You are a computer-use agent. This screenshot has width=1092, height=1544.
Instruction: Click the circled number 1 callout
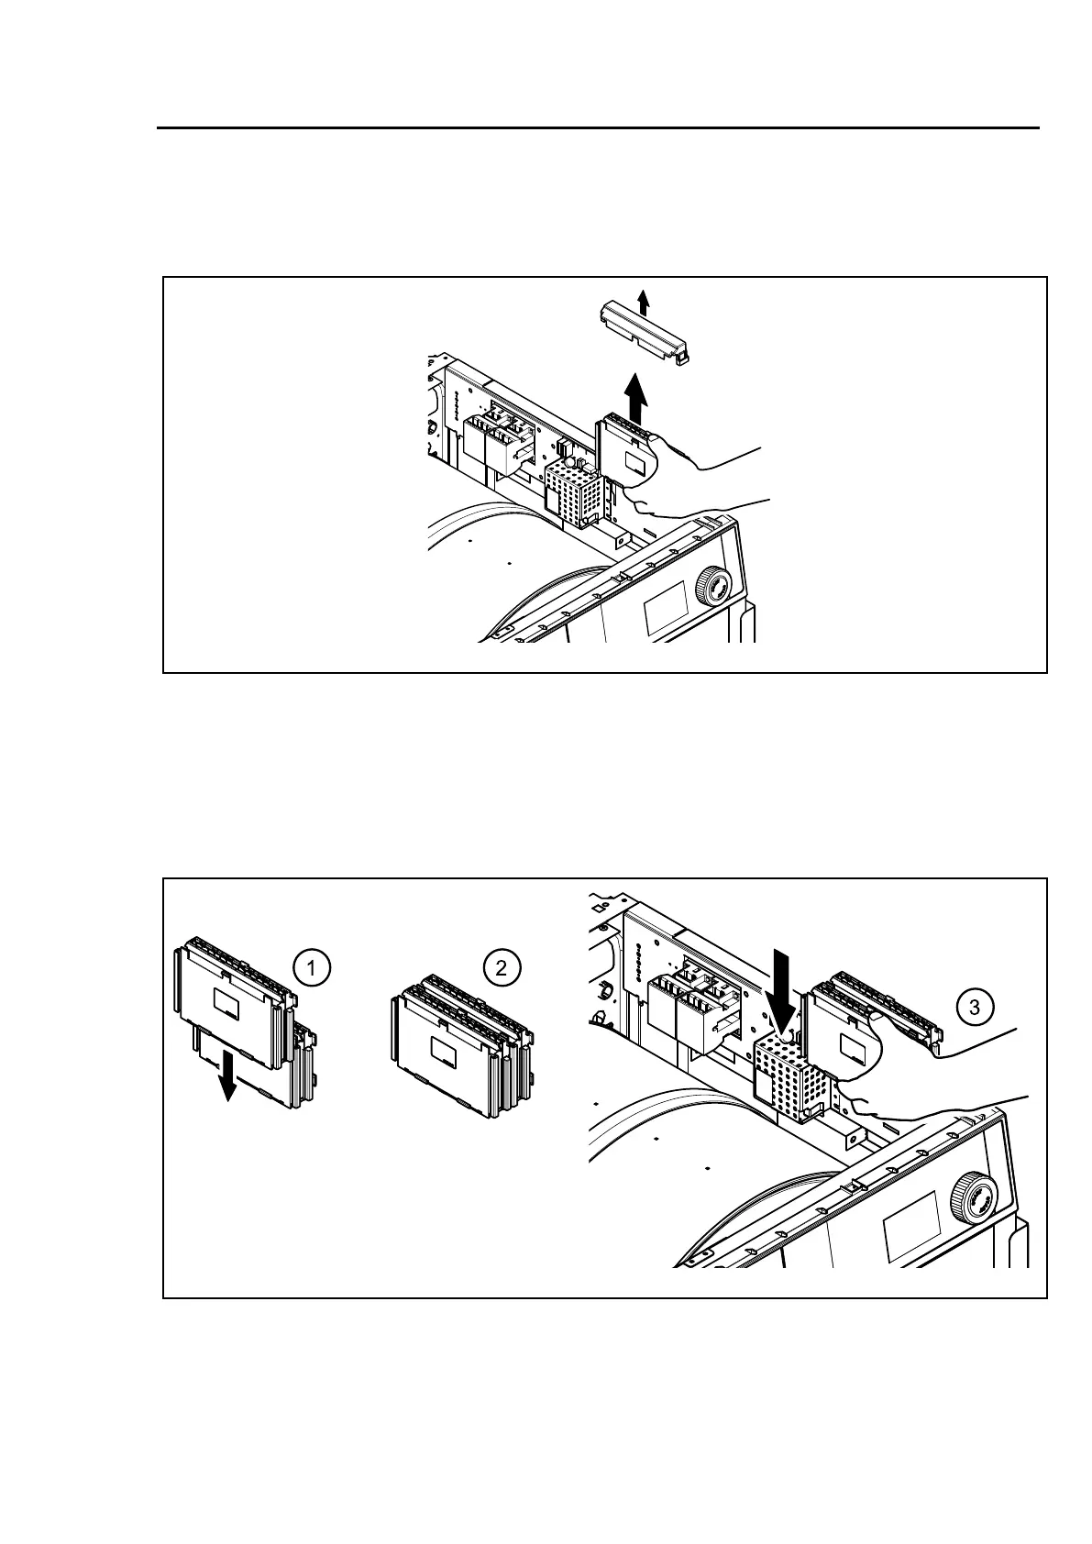[x=312, y=968]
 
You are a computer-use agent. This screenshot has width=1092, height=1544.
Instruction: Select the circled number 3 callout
[x=974, y=1008]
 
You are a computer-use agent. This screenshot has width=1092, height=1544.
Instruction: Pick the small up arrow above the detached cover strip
[x=644, y=301]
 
